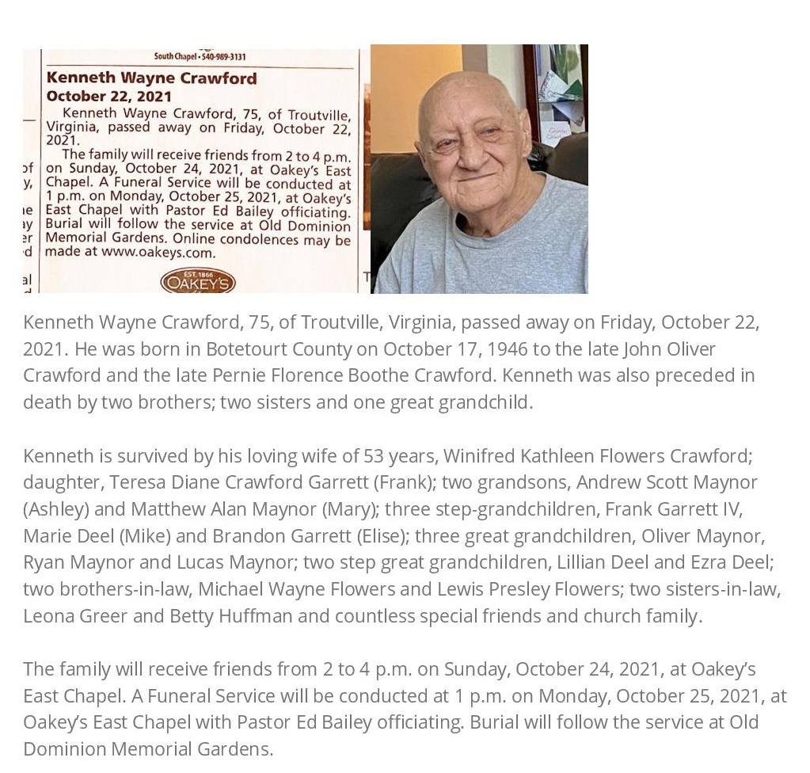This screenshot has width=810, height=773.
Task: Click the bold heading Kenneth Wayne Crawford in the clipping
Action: click(x=151, y=78)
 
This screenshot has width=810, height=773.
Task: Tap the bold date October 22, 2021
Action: click(x=108, y=96)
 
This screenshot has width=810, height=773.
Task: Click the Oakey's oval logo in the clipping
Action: click(x=197, y=282)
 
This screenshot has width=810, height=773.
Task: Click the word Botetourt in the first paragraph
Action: click(x=246, y=348)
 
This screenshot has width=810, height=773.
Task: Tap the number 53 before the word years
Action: click(x=374, y=455)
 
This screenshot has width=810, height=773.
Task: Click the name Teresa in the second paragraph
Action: click(x=137, y=482)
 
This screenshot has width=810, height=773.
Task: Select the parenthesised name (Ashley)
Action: click(x=55, y=508)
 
